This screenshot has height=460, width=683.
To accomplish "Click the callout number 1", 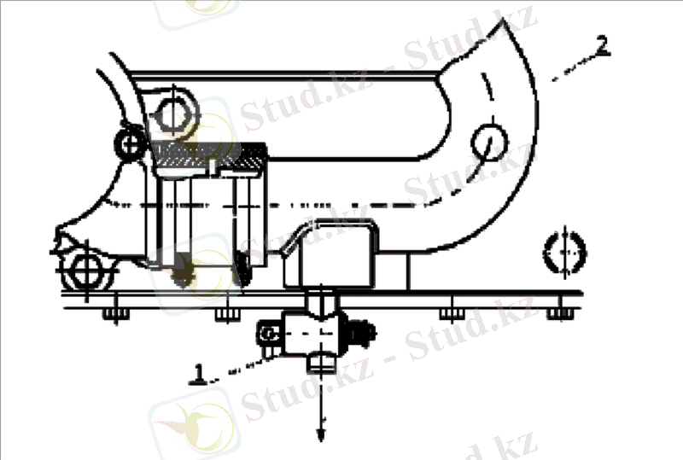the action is point(198,374).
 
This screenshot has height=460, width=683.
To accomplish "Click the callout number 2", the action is point(602,46).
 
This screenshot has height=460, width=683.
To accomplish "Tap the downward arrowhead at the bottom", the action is point(321,434).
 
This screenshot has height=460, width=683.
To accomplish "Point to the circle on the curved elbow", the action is point(489,143).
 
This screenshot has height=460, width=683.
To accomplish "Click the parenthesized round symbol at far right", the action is point(564,253).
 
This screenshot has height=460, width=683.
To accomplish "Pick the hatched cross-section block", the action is point(209,155).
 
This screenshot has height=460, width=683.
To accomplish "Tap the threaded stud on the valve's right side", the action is point(361,333).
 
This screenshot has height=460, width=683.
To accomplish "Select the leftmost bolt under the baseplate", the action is point(115,314).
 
